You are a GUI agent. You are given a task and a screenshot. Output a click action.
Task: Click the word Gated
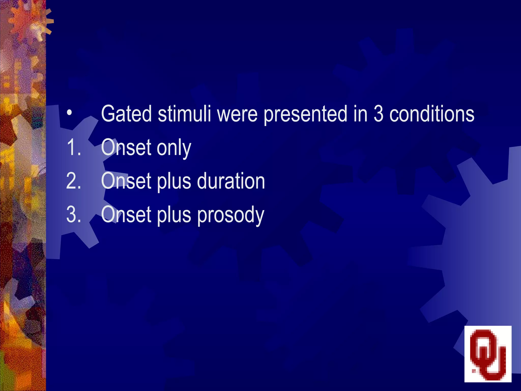pos(126,114)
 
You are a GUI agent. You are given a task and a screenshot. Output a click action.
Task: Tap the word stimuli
pos(184,114)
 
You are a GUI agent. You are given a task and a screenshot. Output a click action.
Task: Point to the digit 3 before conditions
pos(378,114)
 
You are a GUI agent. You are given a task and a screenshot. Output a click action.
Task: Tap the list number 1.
pos(74,148)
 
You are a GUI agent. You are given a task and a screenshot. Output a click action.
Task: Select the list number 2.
pos(74,181)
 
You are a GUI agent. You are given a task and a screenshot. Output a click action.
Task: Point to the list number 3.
pos(74,215)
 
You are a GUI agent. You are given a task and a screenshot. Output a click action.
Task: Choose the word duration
pos(231,181)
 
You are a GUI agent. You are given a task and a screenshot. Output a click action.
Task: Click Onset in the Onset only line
pos(126,148)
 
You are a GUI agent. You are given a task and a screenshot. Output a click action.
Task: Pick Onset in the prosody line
pos(126,215)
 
